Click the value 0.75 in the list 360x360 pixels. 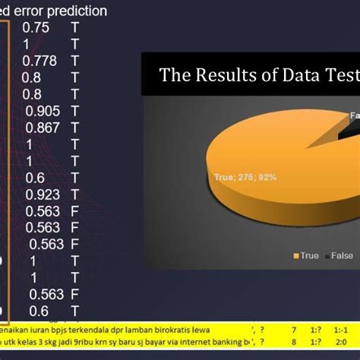click(x=36, y=27)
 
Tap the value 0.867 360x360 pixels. click(x=42, y=128)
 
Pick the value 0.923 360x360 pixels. click(x=42, y=194)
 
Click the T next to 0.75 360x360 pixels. click(x=74, y=27)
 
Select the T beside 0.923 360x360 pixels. click(x=74, y=194)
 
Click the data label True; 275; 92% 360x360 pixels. click(x=244, y=177)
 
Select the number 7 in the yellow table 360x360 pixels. click(x=294, y=331)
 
